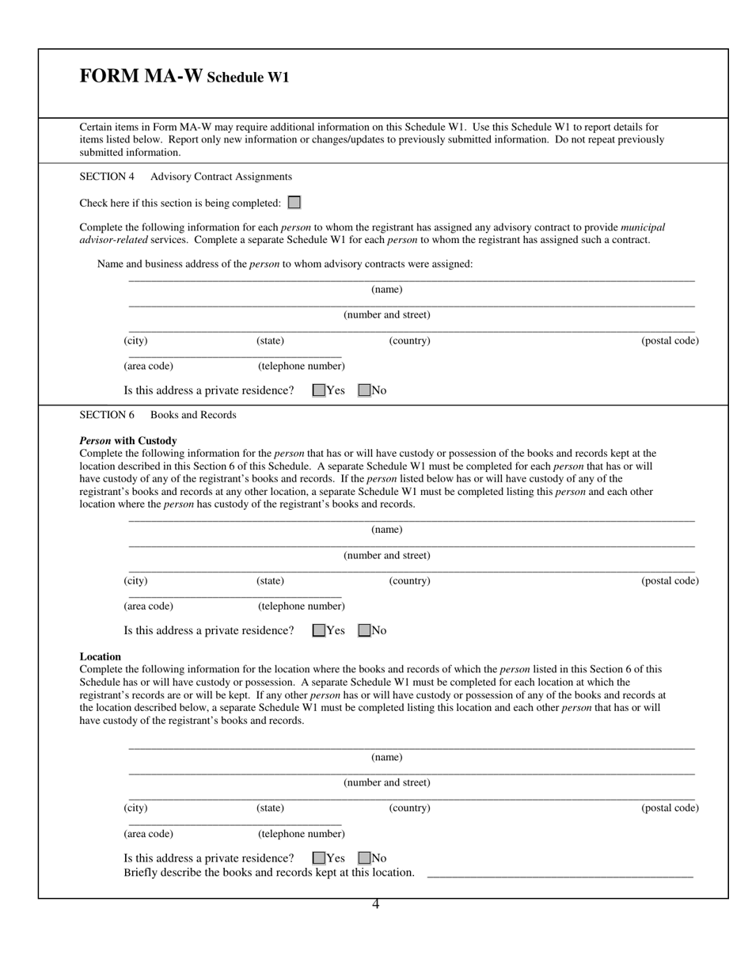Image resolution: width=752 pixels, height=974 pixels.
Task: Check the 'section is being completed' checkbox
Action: tap(294, 203)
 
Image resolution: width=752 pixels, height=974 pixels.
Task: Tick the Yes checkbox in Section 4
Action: tap(319, 390)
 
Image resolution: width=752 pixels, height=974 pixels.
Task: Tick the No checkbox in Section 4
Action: tap(364, 390)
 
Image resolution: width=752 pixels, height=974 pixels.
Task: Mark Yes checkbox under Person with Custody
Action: tap(319, 631)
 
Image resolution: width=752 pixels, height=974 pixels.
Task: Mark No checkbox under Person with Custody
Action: tap(364, 631)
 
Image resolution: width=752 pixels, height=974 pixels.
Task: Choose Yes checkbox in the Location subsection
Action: tap(319, 858)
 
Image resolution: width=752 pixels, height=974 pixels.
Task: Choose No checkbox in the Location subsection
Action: tap(364, 858)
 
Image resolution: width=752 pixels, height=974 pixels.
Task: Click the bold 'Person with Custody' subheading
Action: tap(128, 440)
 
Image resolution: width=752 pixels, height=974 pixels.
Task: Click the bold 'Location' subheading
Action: tap(101, 656)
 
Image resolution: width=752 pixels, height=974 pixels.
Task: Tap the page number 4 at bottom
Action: tap(376, 904)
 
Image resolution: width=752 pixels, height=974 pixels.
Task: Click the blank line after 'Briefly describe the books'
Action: tap(560, 873)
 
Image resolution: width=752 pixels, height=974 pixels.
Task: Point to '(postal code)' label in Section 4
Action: tap(670, 341)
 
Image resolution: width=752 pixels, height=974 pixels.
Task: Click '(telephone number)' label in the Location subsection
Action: tap(302, 834)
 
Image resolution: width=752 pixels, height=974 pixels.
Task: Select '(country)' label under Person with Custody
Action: tap(409, 580)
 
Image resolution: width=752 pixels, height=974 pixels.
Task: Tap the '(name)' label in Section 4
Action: tap(387, 290)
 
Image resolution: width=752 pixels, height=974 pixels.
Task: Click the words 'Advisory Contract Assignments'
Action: tap(221, 177)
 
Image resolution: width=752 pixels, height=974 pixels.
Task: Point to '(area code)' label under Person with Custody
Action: tap(148, 607)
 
